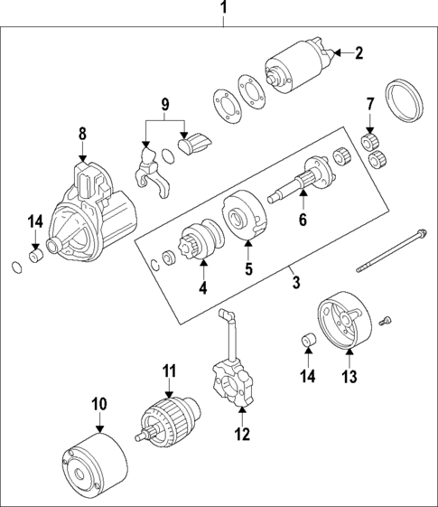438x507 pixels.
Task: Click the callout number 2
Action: click(x=358, y=53)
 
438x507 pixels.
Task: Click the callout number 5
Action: click(x=248, y=268)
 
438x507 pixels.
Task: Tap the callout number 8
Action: click(x=82, y=135)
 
